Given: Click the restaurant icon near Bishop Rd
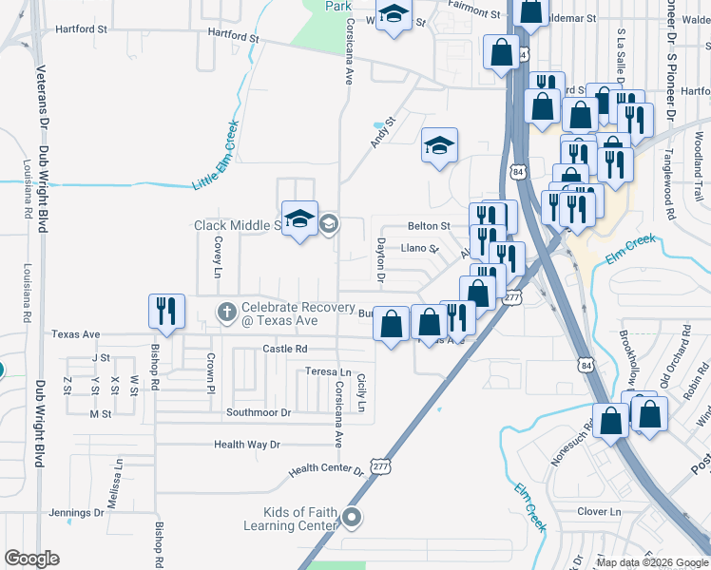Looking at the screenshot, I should point(164,311).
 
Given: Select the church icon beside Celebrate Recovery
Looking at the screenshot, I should point(226,311).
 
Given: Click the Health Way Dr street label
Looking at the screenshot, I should point(247,444).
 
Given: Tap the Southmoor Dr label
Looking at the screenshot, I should point(258,412).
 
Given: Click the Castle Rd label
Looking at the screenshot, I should point(286,350).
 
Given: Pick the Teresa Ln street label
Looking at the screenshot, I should point(329,371).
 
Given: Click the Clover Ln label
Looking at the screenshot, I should point(599,511).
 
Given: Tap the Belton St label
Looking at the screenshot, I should point(429,226).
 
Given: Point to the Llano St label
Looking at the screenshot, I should point(418,249).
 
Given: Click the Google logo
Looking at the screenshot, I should point(31,559).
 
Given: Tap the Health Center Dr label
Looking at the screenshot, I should point(327,469).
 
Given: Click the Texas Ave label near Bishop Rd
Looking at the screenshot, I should point(76,334).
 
